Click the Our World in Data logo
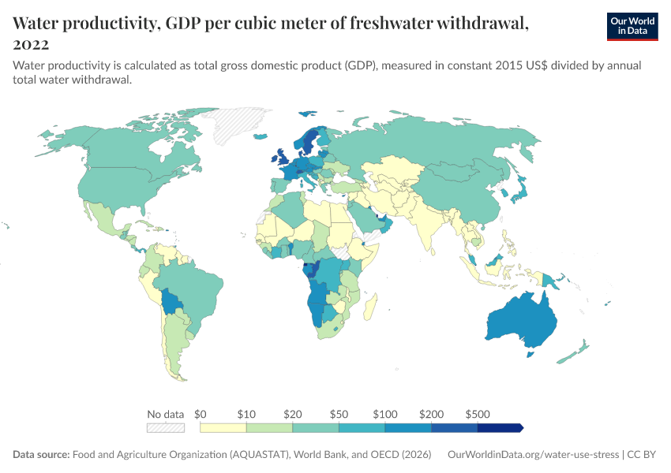(632, 26)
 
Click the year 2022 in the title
(31, 44)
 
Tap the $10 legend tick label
(246, 414)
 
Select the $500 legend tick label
(478, 414)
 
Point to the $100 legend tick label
(385, 414)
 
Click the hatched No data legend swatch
(165, 427)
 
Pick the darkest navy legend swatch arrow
(500, 427)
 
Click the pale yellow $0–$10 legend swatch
(223, 427)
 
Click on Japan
(519, 189)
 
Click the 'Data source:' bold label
(41, 455)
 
